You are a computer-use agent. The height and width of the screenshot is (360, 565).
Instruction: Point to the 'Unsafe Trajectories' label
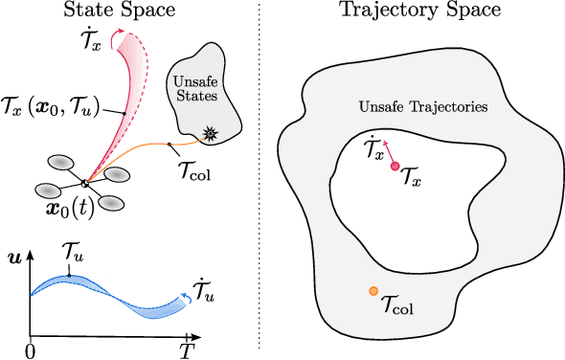tap(422, 106)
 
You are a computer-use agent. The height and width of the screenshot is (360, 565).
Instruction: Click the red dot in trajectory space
tap(394, 167)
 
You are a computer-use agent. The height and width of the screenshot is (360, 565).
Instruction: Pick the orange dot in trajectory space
tap(373, 291)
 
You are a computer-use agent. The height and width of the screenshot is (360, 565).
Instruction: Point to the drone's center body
tap(85, 182)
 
